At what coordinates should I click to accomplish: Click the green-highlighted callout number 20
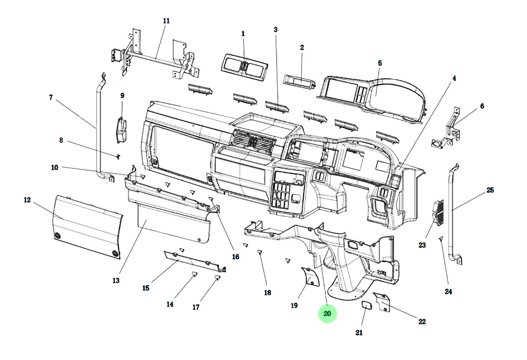(327, 313)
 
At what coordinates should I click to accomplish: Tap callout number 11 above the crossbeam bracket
(166, 21)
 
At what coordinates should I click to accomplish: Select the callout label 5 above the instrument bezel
(380, 63)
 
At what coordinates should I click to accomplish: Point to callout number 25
(490, 190)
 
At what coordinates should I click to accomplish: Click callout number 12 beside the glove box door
(27, 200)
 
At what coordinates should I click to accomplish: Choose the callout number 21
(359, 332)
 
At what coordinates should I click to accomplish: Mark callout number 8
(61, 140)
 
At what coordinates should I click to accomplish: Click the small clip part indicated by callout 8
(118, 156)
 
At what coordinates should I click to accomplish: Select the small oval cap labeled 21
(367, 305)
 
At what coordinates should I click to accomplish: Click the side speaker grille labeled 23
(438, 213)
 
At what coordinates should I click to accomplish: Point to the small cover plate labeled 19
(310, 277)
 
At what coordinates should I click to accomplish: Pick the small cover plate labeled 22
(382, 302)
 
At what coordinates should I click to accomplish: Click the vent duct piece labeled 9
(122, 130)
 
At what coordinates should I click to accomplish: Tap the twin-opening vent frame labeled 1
(244, 67)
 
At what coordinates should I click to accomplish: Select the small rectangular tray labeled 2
(300, 82)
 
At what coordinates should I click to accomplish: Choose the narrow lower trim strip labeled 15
(195, 262)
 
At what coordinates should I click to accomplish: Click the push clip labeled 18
(260, 252)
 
